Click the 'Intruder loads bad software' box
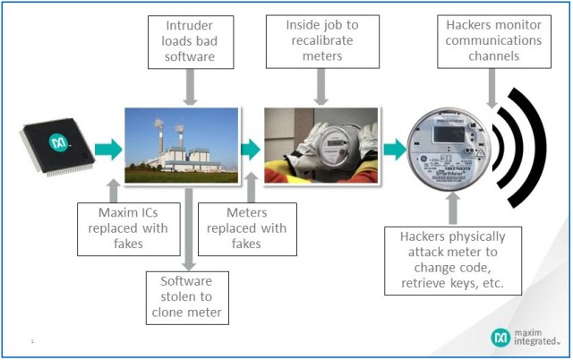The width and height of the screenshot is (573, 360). coord(190,42)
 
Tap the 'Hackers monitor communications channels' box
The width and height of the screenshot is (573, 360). coord(491,42)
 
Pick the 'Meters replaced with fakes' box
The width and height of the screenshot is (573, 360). coord(243,227)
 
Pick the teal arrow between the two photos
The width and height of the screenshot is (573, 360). coord(251,146)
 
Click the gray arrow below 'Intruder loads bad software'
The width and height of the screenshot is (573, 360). coord(190,87)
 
